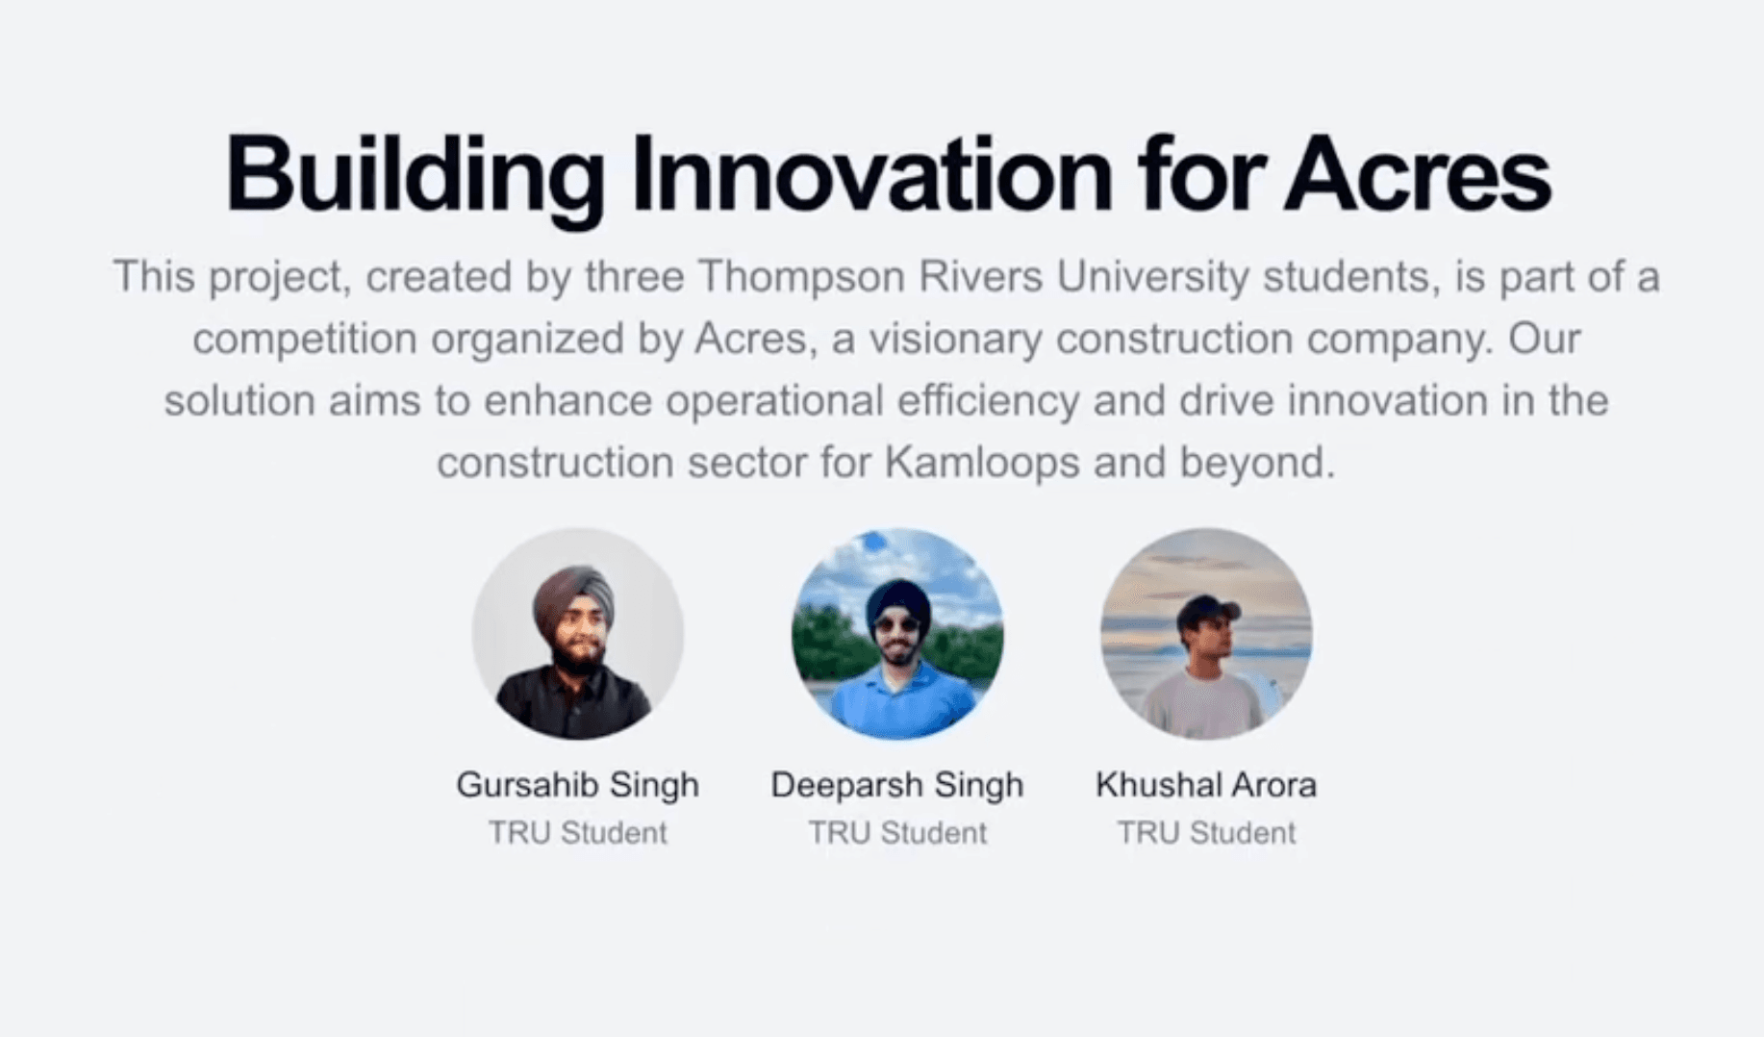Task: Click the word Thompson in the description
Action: pos(800,277)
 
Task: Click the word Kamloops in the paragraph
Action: pos(981,464)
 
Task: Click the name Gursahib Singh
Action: pos(577,785)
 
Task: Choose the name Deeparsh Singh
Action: pos(896,785)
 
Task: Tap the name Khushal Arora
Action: pos(1206,785)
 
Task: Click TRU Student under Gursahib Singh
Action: pos(577,832)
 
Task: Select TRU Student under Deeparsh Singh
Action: pos(897,832)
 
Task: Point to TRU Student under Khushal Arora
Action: pos(1206,832)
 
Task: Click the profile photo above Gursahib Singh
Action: pos(577,633)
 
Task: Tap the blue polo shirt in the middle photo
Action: pos(897,700)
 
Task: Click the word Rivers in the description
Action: pos(981,277)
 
